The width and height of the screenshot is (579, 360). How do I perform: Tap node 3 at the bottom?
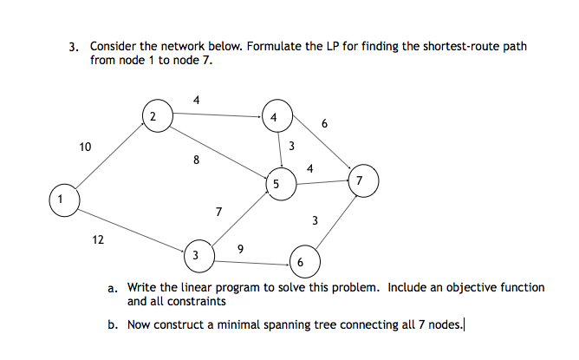[196, 255]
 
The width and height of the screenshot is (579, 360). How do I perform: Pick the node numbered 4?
[275, 116]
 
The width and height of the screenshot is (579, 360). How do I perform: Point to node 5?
[276, 184]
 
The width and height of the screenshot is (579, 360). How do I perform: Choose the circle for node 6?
[300, 261]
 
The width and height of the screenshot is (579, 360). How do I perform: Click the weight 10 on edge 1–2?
[84, 147]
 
